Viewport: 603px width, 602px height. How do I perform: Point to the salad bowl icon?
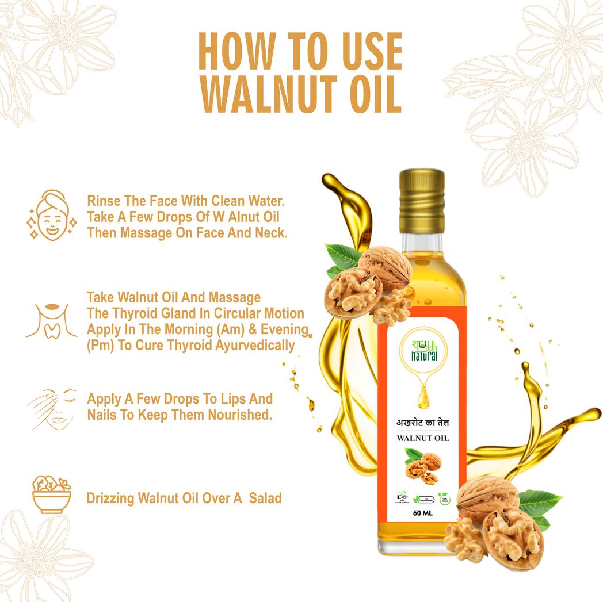coord(51,494)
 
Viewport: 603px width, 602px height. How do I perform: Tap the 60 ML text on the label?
coord(422,513)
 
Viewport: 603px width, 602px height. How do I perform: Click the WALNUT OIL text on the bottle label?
coord(423,438)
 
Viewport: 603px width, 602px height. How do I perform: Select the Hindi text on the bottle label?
coord(423,423)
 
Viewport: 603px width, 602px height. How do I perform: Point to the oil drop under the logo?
coord(423,397)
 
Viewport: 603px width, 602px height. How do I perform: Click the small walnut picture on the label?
coord(423,466)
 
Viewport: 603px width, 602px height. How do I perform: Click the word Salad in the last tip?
coord(265,498)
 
